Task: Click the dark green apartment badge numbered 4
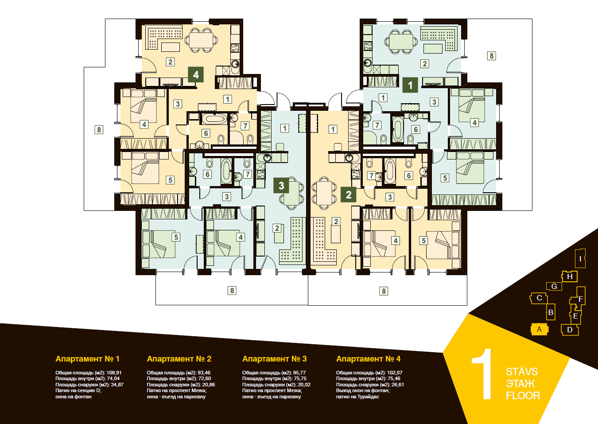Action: (196, 74)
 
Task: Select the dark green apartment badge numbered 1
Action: (410, 85)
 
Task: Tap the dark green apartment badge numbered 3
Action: (281, 185)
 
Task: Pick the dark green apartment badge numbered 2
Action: (348, 194)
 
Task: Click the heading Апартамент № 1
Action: (87, 359)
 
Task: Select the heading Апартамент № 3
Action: (275, 359)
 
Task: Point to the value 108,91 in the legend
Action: (114, 373)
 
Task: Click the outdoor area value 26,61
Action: (397, 385)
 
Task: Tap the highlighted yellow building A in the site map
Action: (539, 329)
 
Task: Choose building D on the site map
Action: (570, 330)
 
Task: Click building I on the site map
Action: (580, 258)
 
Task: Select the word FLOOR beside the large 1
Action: (523, 396)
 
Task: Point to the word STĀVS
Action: (522, 371)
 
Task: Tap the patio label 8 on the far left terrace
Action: (99, 130)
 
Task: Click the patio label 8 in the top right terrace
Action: (492, 56)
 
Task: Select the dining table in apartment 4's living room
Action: (201, 40)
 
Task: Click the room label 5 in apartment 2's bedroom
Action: (423, 241)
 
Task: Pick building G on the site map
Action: (554, 286)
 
